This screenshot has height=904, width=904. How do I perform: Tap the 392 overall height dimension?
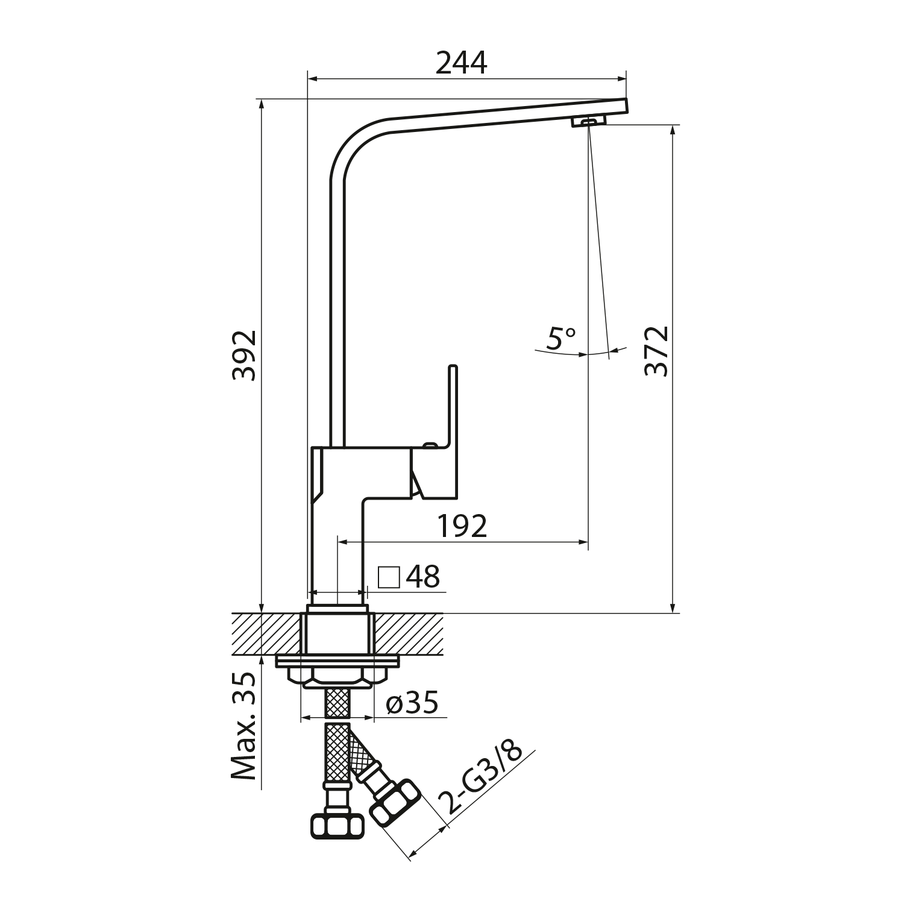[245, 355]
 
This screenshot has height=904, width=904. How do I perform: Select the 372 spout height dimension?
[656, 351]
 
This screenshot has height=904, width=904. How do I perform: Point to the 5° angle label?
[561, 339]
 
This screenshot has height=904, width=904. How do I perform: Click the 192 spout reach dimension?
[462, 527]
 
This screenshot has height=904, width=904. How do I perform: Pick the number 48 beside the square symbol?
[423, 577]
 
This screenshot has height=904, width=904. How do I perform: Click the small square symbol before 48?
[389, 577]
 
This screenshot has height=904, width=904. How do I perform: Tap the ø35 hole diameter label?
[412, 703]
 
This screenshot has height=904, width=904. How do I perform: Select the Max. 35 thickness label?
[244, 727]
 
